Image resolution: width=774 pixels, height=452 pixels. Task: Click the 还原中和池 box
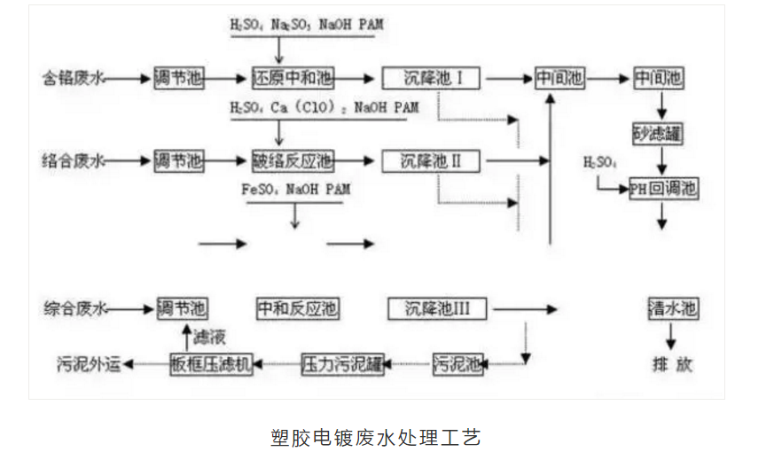(293, 78)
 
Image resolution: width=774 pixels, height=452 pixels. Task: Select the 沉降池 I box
(432, 78)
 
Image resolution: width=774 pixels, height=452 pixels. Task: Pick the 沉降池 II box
(432, 161)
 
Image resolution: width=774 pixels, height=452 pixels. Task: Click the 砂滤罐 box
(660, 133)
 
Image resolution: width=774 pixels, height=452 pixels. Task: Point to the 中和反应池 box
(297, 308)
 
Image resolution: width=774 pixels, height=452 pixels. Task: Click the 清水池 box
(673, 308)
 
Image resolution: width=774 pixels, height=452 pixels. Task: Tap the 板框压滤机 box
(212, 362)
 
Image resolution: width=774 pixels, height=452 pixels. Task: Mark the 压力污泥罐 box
(342, 362)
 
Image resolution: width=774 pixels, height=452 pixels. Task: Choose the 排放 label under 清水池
(672, 363)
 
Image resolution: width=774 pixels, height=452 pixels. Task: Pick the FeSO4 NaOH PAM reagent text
(294, 190)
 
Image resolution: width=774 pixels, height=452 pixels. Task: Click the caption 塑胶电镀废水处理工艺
(375, 437)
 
